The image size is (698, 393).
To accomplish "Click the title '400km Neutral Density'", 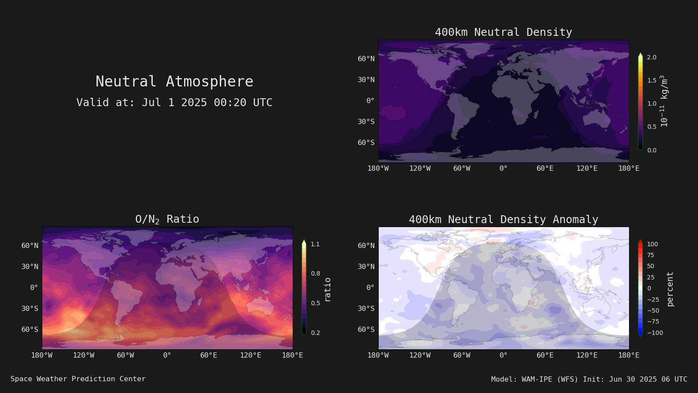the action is tap(503, 32).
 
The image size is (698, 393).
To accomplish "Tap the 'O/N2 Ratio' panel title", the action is tap(167, 219).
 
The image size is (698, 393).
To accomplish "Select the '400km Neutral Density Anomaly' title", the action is tap(503, 220).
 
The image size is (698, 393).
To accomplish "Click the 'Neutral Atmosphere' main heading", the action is tap(174, 81).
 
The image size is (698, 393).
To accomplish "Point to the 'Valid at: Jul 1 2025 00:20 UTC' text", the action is tap(174, 102).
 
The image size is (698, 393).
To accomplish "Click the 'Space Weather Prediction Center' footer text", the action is tap(78, 379).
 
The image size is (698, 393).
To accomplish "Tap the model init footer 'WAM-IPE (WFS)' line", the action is tap(589, 379).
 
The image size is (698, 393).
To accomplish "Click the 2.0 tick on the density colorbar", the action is tap(652, 57).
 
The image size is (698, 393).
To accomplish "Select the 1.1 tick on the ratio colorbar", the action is tap(315, 244).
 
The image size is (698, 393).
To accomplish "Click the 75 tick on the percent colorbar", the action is tap(650, 255).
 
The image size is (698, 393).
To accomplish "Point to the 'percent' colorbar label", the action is tap(670, 289).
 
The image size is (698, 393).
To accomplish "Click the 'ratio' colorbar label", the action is tap(328, 290).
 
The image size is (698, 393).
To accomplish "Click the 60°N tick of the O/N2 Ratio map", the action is tap(30, 246).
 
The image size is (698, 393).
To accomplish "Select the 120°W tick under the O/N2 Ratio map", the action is tap(83, 355).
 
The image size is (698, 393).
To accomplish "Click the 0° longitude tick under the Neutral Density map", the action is tap(503, 169).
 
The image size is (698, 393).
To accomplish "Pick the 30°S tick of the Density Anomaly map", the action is tap(366, 308).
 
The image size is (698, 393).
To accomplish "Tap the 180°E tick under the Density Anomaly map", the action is tap(629, 355).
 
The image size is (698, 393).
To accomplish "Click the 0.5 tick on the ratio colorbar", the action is tap(315, 303).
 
